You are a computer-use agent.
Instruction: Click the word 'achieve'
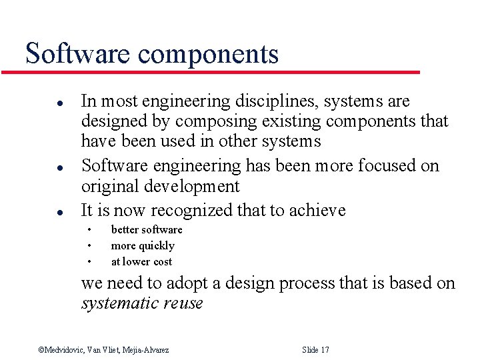[317, 211]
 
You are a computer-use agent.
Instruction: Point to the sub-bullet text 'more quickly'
[143, 246]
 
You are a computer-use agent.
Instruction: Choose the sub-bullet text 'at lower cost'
[141, 262]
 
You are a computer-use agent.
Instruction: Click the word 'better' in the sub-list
[125, 230]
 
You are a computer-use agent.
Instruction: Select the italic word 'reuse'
[184, 303]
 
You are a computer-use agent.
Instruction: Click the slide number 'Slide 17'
[315, 350]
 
